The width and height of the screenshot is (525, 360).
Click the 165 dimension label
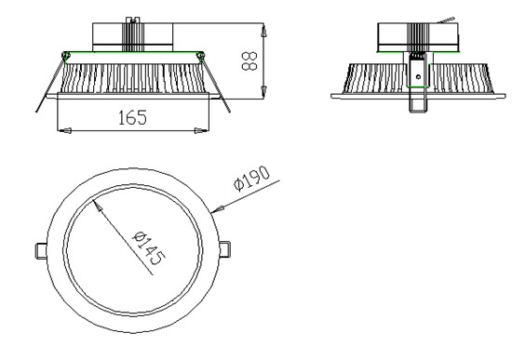[x=132, y=117]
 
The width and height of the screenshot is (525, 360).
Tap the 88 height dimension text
[x=249, y=60]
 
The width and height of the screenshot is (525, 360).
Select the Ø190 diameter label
[x=251, y=179]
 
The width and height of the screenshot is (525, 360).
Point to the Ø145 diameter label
[x=149, y=247]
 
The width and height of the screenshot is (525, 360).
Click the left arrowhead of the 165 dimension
[x=64, y=130]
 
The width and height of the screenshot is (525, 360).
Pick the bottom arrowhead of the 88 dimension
[x=263, y=92]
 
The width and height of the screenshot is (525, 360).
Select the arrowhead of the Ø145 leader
[x=98, y=206]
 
